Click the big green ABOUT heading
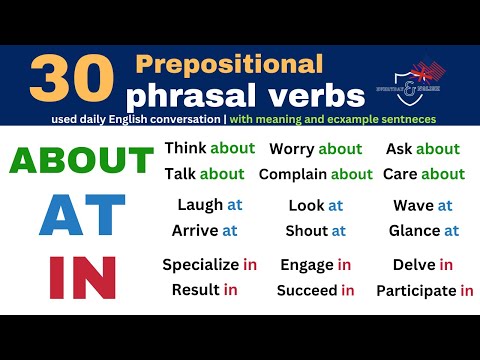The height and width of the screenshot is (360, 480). [x=82, y=160]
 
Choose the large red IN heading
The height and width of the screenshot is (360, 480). [x=83, y=277]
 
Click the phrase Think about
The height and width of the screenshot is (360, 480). [x=209, y=148]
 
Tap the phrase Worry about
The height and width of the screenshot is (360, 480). [x=316, y=149]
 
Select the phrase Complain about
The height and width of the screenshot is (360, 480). [x=315, y=174]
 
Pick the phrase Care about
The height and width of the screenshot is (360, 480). [x=423, y=174]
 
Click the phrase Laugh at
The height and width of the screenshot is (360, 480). [x=209, y=205]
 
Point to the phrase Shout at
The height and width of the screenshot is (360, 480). [x=316, y=230]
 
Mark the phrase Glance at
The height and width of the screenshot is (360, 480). [x=423, y=230]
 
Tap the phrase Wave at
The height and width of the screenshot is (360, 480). [x=423, y=205]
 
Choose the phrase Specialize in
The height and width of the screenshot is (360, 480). [x=209, y=265]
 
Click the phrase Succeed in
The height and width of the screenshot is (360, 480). [x=316, y=290]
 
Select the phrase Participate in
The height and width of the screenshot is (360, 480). [x=424, y=291]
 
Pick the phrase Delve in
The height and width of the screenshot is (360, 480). [x=423, y=265]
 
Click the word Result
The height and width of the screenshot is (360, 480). [x=195, y=290]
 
